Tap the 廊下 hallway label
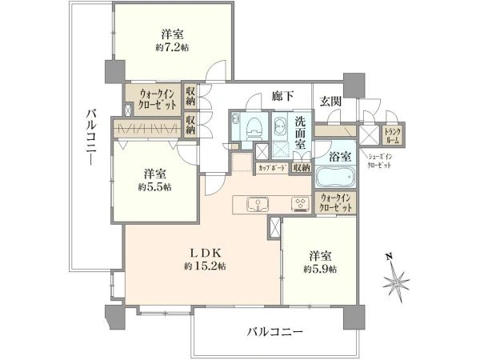point(282,96)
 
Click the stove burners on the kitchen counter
point(300,203)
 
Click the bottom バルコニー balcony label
point(269,330)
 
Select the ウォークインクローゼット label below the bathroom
point(336,203)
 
